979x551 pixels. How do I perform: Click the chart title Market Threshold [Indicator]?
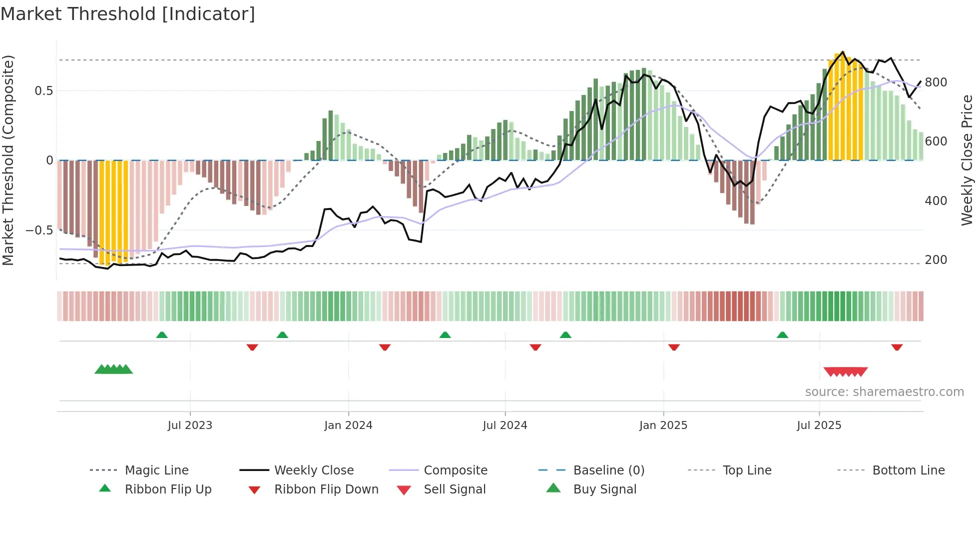(x=128, y=14)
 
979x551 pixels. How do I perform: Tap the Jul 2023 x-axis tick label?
(x=190, y=425)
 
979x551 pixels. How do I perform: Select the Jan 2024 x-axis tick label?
(x=348, y=425)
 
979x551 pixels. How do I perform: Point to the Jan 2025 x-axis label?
(x=663, y=425)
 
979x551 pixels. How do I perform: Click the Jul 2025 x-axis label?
(x=819, y=425)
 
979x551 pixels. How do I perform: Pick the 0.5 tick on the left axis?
(x=43, y=90)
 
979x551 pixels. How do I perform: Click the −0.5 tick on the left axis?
(x=39, y=230)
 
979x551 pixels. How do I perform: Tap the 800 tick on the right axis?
(x=936, y=82)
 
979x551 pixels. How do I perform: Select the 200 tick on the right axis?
(x=936, y=260)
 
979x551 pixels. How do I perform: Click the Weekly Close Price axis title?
(x=967, y=160)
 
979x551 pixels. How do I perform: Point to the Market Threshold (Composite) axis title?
(x=8, y=160)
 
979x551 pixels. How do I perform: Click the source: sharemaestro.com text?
(x=884, y=391)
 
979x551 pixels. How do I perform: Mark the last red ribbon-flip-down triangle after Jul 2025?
(x=897, y=346)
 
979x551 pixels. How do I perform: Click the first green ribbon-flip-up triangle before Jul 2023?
(x=162, y=335)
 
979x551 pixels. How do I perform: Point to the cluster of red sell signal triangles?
(x=845, y=371)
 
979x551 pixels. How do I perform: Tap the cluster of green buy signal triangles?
(x=114, y=369)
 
